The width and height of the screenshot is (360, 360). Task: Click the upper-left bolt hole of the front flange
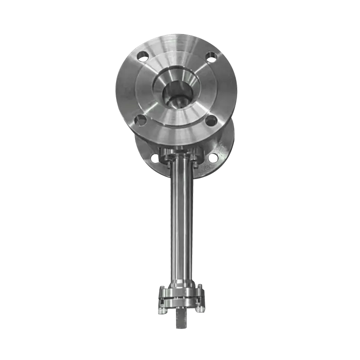[x=143, y=57]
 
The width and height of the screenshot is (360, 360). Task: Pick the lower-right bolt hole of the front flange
[x=210, y=121]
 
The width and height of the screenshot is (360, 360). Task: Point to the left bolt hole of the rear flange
[x=154, y=158]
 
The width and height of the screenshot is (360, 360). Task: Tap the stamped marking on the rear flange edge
[x=207, y=167]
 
